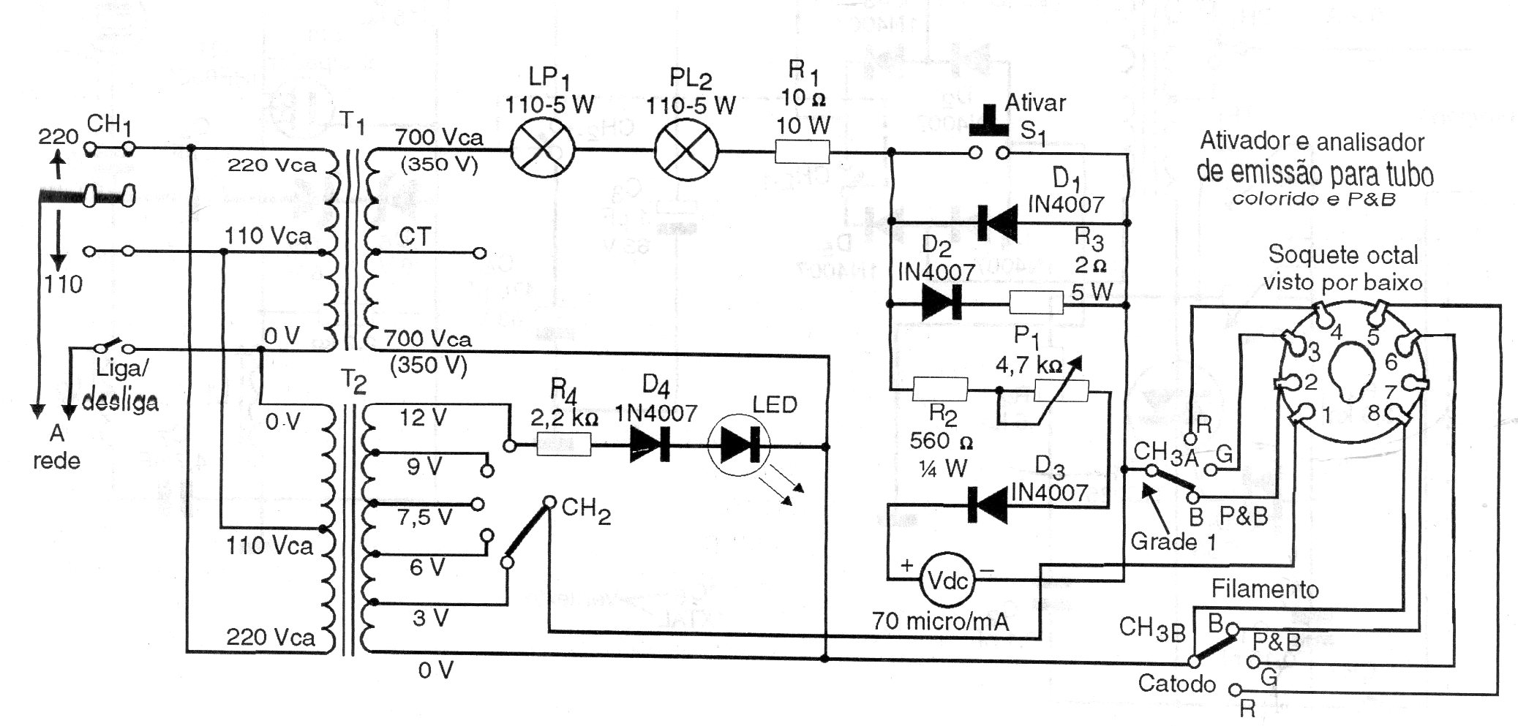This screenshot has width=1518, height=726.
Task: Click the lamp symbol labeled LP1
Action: [542, 151]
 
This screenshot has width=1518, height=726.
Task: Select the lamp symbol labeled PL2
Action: [685, 151]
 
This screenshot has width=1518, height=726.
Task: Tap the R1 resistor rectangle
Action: [802, 153]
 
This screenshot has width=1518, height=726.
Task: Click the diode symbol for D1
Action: [997, 222]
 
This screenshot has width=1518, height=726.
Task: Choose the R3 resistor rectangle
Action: [1037, 303]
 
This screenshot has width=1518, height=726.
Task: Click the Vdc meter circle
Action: [948, 581]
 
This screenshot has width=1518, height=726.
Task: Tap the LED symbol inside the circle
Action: [740, 445]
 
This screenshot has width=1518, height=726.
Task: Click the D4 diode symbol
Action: [650, 445]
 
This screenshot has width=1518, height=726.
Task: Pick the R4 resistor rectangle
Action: [564, 445]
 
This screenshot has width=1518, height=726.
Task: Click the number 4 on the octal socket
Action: [1336, 333]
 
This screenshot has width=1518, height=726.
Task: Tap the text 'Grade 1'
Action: [1173, 542]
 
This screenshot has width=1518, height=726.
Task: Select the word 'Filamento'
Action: [1265, 589]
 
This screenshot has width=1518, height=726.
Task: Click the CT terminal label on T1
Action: [415, 236]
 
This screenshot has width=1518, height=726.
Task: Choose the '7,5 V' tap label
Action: [424, 518]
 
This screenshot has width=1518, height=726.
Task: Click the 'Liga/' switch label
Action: [121, 368]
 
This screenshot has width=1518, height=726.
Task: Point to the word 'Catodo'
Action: [1176, 684]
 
